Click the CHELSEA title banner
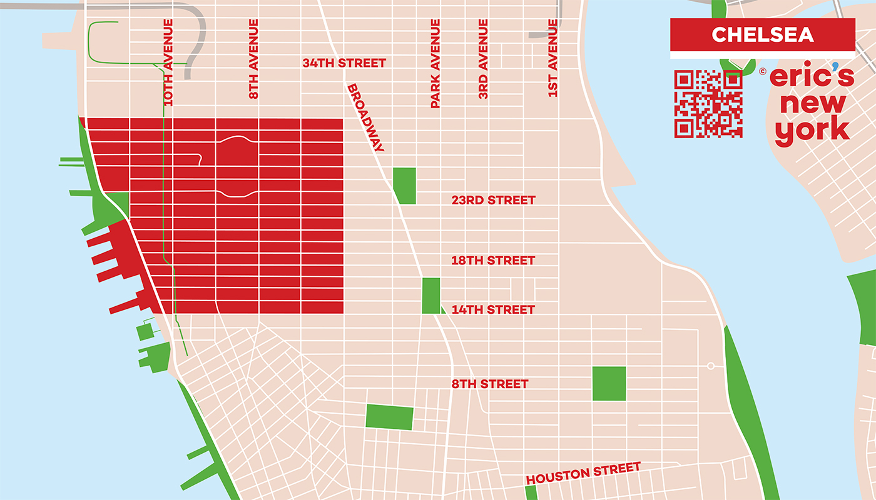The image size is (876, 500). [x=762, y=34]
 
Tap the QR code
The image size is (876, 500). [x=708, y=104]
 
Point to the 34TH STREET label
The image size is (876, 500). [x=344, y=63]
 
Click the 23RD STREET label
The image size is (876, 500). [x=493, y=201]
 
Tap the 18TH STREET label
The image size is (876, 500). [x=493, y=261]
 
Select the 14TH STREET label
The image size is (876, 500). [x=493, y=310]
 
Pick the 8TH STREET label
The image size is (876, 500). [x=490, y=384]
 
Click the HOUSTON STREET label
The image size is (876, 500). [x=583, y=473]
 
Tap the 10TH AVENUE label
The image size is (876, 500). [x=168, y=61]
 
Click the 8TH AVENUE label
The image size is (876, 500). [x=253, y=59]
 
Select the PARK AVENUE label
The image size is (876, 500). [x=435, y=63]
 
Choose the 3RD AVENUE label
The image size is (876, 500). [x=483, y=59]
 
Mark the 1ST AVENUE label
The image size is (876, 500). [x=553, y=58]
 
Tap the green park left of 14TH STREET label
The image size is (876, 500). [x=431, y=296]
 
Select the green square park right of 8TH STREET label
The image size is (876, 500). [x=609, y=383]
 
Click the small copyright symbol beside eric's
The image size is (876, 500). [x=763, y=71]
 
